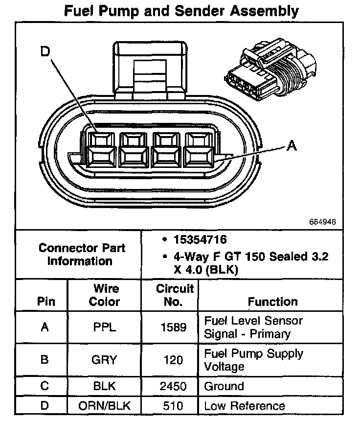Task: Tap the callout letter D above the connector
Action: [x=45, y=52]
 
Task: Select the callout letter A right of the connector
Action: [x=291, y=145]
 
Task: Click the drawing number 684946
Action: [x=322, y=221]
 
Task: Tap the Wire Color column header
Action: [x=104, y=295]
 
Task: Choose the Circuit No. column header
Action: [x=175, y=295]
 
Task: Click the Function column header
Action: [x=272, y=302]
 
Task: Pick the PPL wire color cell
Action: [x=104, y=327]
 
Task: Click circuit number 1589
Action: [x=174, y=327]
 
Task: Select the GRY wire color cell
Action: [x=104, y=360]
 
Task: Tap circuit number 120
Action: [x=174, y=360]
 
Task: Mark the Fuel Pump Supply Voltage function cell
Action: [x=253, y=360]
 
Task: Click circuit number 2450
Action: [x=173, y=386]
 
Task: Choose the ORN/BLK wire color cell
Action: [x=104, y=406]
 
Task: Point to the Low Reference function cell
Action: [x=245, y=406]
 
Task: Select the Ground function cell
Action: [x=224, y=386]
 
